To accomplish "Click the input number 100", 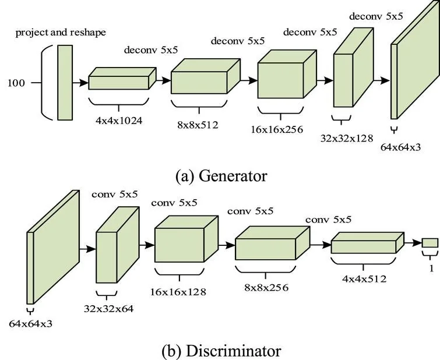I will click(16, 83).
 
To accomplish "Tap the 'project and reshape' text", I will click(61, 32).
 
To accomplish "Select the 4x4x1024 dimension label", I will click(118, 122).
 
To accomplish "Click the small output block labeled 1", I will click(430, 242).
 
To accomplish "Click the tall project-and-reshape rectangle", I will click(65, 83).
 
